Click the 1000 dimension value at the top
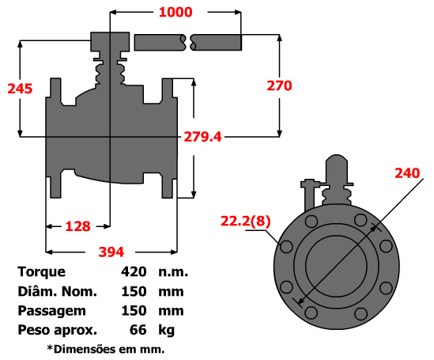click(175, 12)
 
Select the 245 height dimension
click(20, 89)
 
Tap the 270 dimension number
click(279, 85)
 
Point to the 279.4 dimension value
click(203, 137)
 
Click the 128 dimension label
click(77, 226)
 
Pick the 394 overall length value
click(111, 252)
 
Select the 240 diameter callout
click(407, 173)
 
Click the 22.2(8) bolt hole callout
click(246, 222)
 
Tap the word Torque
click(42, 272)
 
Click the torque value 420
click(134, 272)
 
